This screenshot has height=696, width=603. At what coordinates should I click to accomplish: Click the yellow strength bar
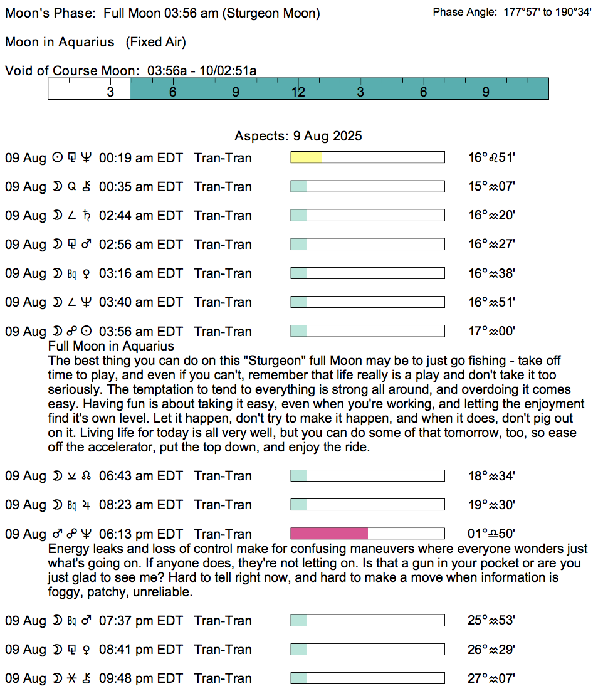click(x=306, y=157)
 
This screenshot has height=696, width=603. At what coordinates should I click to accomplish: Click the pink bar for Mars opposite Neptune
click(x=329, y=534)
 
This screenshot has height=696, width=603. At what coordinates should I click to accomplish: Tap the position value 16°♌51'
click(x=491, y=157)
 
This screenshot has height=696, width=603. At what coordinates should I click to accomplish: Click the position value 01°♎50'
click(x=491, y=534)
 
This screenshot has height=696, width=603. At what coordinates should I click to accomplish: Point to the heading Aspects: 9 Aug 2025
click(x=298, y=136)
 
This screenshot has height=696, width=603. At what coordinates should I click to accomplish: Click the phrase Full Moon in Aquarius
click(x=111, y=346)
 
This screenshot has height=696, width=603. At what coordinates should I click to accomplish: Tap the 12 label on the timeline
click(x=298, y=92)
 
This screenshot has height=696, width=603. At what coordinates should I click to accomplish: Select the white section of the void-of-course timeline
click(x=89, y=88)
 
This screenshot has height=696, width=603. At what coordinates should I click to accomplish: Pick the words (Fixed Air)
click(x=155, y=42)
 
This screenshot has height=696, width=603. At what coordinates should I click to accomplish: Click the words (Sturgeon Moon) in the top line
click(x=271, y=13)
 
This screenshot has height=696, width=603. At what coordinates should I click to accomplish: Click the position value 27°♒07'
click(x=491, y=678)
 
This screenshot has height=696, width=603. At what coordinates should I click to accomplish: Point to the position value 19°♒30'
click(x=491, y=505)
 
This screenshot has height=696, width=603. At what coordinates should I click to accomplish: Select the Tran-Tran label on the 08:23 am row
click(x=223, y=505)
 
